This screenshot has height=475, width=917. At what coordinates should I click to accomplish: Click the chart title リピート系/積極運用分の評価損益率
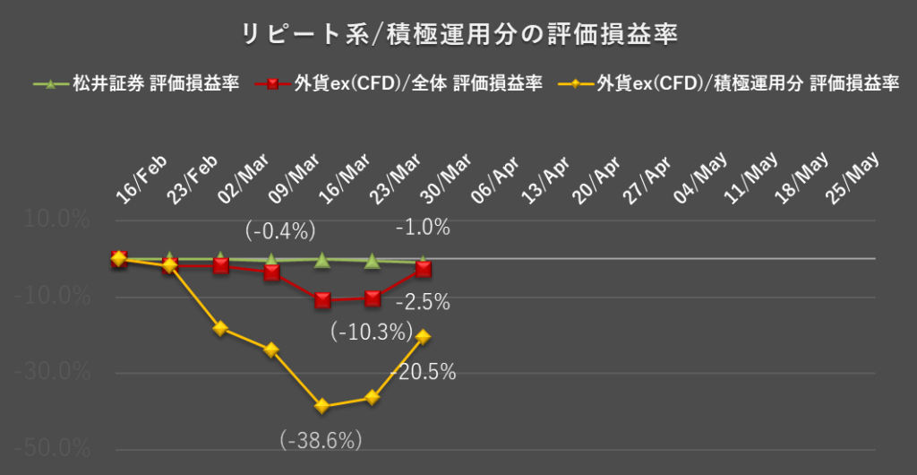click(x=459, y=35)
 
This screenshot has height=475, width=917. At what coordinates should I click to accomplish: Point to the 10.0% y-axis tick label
click(x=56, y=220)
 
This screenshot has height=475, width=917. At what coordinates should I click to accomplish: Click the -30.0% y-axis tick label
click(x=52, y=373)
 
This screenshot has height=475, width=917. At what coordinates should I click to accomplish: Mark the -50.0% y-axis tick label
click(x=52, y=450)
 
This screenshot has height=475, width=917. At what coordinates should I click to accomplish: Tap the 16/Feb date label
click(x=141, y=179)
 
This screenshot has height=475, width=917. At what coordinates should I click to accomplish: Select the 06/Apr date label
click(x=494, y=179)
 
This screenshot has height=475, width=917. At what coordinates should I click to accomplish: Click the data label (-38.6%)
click(x=321, y=439)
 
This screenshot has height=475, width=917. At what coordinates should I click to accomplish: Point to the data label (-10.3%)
click(x=372, y=332)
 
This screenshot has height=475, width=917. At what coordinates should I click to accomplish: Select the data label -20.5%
click(x=423, y=372)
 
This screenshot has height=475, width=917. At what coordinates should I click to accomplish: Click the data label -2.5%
click(x=423, y=302)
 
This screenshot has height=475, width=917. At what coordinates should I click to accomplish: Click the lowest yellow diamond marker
click(x=322, y=406)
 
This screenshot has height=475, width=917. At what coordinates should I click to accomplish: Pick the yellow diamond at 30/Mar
click(x=423, y=336)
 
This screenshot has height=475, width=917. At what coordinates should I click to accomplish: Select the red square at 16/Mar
click(x=322, y=300)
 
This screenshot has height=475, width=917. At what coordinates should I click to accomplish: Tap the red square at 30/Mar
click(x=423, y=269)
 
